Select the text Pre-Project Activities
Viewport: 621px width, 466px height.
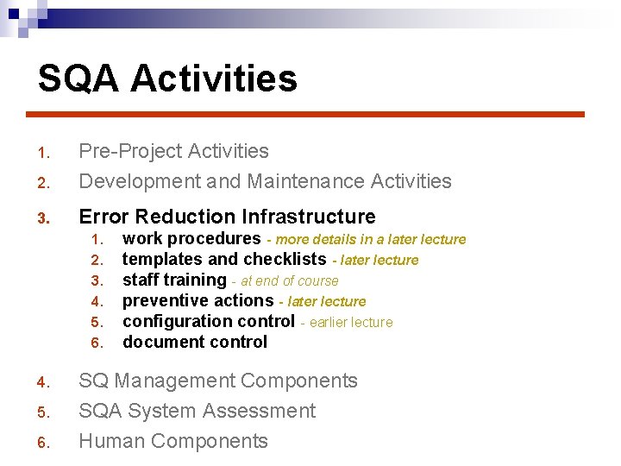tap(173, 151)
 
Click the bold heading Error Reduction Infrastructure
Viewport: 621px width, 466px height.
tap(227, 217)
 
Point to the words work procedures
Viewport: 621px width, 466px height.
tap(191, 239)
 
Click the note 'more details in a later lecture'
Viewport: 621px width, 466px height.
tap(370, 240)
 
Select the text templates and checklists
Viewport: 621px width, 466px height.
tap(223, 260)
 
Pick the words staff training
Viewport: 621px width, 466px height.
tap(173, 280)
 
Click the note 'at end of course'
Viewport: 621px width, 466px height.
tap(289, 281)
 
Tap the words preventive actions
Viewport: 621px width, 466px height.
tap(198, 301)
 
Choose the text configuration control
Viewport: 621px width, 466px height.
tap(208, 322)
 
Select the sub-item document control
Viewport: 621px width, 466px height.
tap(195, 343)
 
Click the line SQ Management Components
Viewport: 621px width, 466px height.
tap(217, 381)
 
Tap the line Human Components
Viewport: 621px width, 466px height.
tap(173, 441)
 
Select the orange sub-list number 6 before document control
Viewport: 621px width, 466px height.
tap(97, 343)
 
